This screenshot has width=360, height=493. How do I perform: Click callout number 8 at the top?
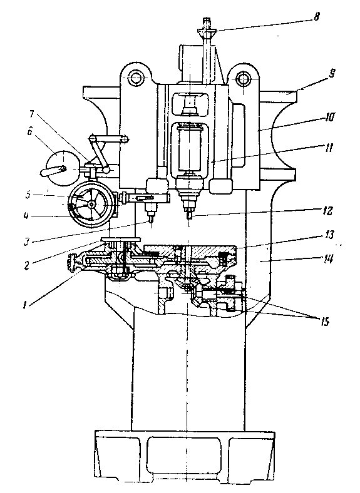click(316, 17)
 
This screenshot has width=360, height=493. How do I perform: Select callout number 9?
click(331, 74)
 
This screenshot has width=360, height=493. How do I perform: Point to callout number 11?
click(328, 148)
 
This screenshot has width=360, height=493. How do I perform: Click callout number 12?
click(327, 210)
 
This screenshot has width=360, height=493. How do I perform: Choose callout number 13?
click(328, 235)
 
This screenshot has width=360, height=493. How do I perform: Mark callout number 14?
click(328, 260)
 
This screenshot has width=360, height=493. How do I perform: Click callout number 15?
click(324, 322)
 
